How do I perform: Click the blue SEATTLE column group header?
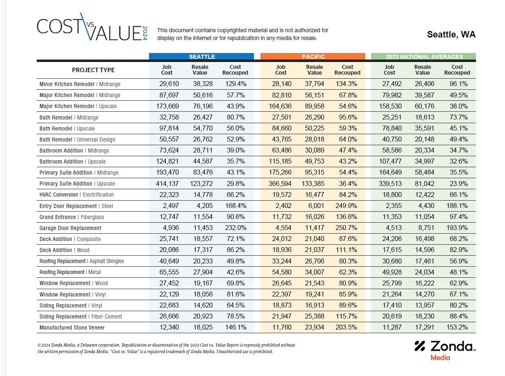pyautogui.click(x=201, y=57)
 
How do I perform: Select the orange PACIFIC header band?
pyautogui.click(x=313, y=57)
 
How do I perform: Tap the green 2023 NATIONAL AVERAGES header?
pyautogui.click(x=423, y=57)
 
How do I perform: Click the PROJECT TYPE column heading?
pyautogui.click(x=93, y=70)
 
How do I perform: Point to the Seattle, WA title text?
pyautogui.click(x=451, y=35)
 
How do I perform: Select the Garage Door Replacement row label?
pyautogui.click(x=70, y=228)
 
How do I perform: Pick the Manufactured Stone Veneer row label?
pyautogui.click(x=72, y=327)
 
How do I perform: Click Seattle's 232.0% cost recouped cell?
pyautogui.click(x=236, y=228)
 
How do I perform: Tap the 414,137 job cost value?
pyautogui.click(x=167, y=184)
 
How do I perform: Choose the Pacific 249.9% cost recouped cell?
pyautogui.click(x=346, y=206)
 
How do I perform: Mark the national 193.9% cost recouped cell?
pyautogui.click(x=457, y=228)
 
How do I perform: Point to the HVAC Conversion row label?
pyautogui.click(x=77, y=195)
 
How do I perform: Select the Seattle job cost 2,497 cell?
pyautogui.click(x=171, y=206)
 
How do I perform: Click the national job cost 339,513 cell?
pyautogui.click(x=390, y=184)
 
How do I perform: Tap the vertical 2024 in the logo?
pyautogui.click(x=145, y=33)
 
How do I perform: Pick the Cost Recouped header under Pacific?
pyautogui.click(x=347, y=70)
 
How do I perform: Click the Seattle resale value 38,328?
pyautogui.click(x=203, y=84)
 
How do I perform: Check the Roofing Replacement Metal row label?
pyautogui.click(x=70, y=272)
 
